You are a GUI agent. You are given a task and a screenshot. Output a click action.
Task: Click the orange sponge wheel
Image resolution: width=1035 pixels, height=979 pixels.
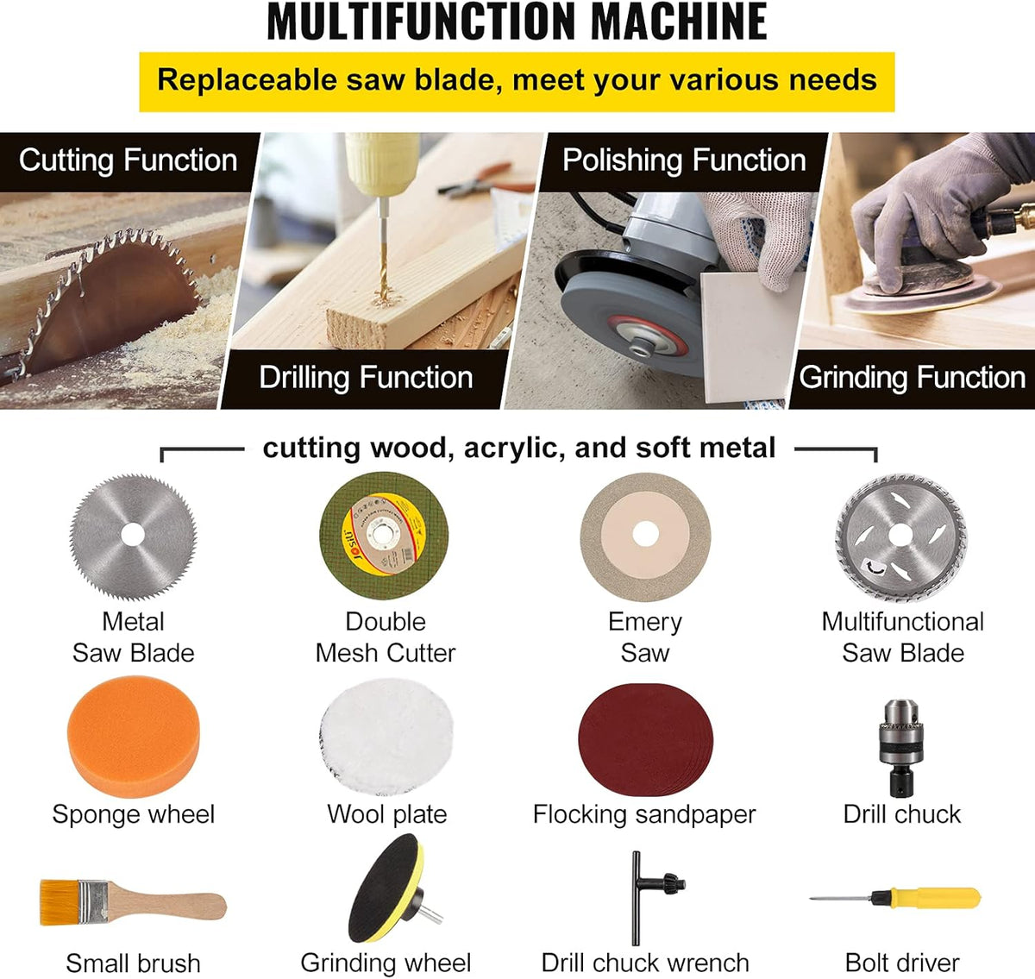click(x=133, y=737)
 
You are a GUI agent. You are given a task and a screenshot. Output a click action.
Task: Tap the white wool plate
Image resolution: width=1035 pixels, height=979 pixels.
click(x=386, y=737)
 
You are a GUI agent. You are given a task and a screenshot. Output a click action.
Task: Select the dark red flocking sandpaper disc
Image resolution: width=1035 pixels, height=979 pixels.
click(x=645, y=739)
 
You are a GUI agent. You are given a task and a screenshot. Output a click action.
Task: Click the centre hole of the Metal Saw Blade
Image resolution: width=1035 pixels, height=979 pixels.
click(x=133, y=535)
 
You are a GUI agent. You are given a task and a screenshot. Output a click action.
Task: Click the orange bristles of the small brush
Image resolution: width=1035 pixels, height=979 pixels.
click(x=60, y=902)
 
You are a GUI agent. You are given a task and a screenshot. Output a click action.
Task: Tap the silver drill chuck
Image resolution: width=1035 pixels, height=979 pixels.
click(x=901, y=748)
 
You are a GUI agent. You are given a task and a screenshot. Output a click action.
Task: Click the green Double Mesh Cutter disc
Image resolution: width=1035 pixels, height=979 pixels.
click(x=385, y=535)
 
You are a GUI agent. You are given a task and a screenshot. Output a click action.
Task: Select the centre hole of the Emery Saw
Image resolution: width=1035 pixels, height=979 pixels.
click(x=645, y=534)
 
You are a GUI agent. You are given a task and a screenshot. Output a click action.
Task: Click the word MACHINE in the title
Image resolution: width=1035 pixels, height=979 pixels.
click(x=679, y=22)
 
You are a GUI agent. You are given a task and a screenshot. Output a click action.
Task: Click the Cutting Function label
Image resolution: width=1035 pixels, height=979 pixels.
click(x=128, y=160)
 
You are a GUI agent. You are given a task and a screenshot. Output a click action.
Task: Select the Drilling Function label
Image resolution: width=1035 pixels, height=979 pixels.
click(x=366, y=378)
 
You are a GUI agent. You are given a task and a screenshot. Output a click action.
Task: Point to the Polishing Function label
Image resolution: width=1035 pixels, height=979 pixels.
click(x=684, y=160)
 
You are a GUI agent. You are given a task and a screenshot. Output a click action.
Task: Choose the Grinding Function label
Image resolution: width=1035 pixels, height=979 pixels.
click(x=913, y=378)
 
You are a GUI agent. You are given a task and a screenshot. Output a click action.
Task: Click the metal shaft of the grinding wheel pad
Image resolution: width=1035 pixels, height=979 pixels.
click(x=431, y=915)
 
